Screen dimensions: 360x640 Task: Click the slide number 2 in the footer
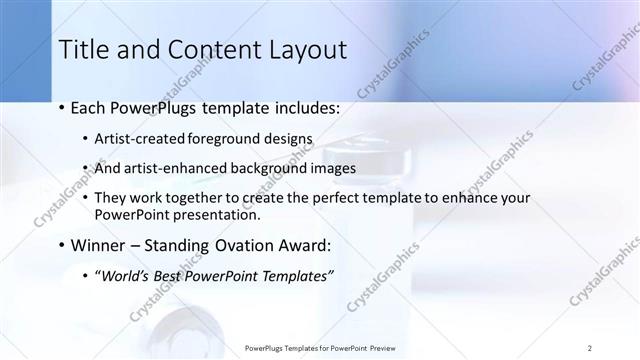tap(590, 348)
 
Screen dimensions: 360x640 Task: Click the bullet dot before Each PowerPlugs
tap(62, 105)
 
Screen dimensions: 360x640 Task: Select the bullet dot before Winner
tap(62, 245)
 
